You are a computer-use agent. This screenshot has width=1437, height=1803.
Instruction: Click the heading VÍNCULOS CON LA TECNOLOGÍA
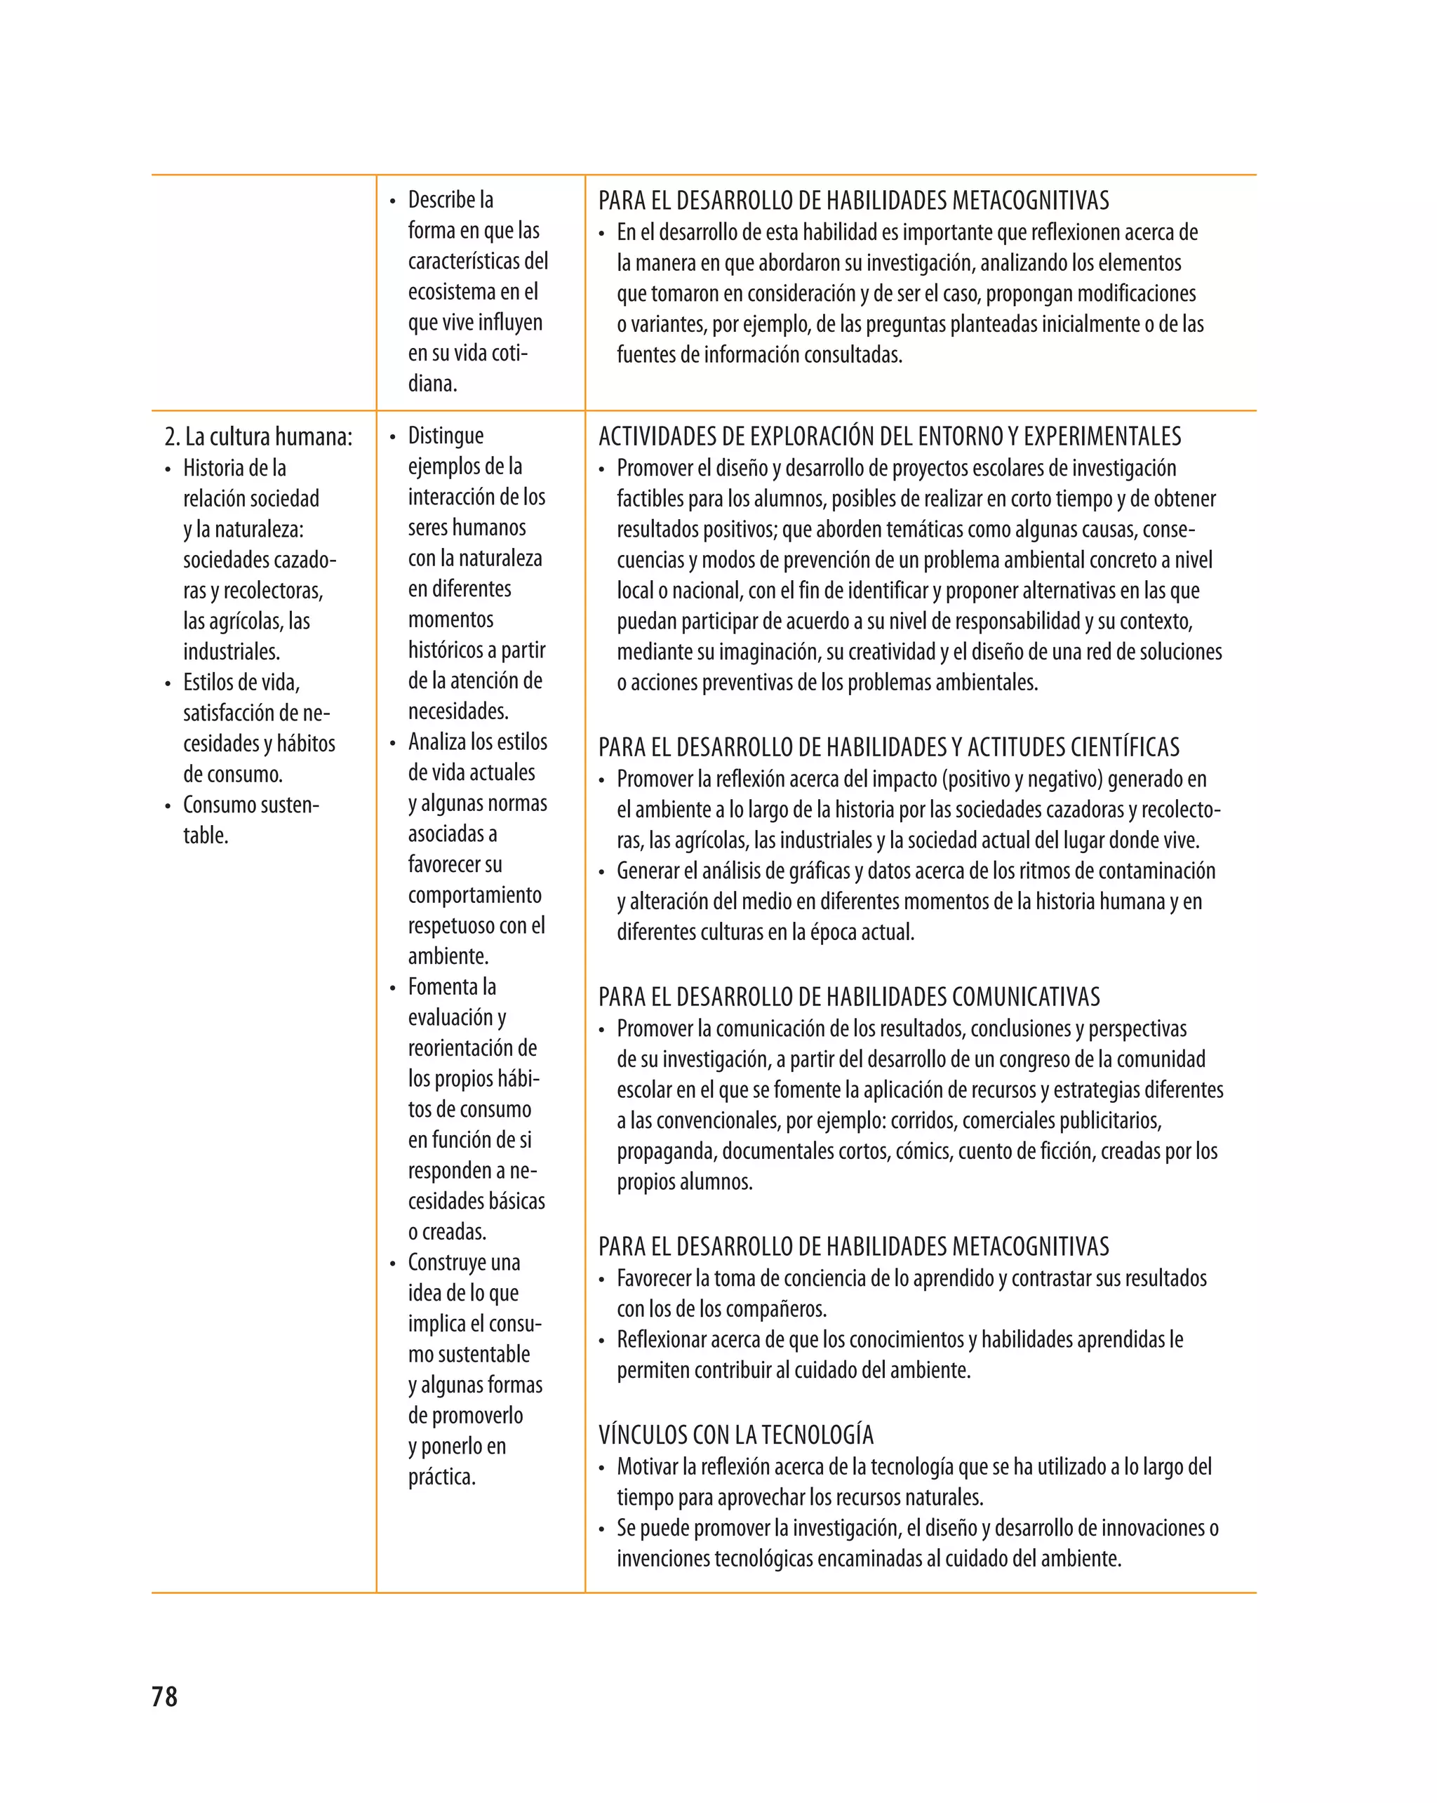tap(736, 1435)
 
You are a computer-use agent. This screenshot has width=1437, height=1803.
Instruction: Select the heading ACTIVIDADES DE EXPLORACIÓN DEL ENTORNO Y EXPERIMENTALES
tap(889, 436)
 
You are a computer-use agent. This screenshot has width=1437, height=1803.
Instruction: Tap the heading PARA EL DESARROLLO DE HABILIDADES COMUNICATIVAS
tap(849, 997)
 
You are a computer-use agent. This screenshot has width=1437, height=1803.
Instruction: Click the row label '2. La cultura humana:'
tap(258, 436)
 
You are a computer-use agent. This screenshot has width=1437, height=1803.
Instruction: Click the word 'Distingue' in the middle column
tap(445, 436)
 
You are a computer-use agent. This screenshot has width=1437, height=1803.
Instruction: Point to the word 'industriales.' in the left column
tap(232, 652)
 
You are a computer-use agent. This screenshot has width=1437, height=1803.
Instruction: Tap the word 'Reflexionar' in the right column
tap(662, 1340)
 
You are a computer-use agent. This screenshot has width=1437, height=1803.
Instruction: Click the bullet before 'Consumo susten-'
tap(168, 806)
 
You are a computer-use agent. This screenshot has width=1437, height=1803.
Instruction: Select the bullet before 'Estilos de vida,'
tap(168, 684)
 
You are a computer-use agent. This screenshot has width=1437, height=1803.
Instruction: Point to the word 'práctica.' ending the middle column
tap(441, 1477)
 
